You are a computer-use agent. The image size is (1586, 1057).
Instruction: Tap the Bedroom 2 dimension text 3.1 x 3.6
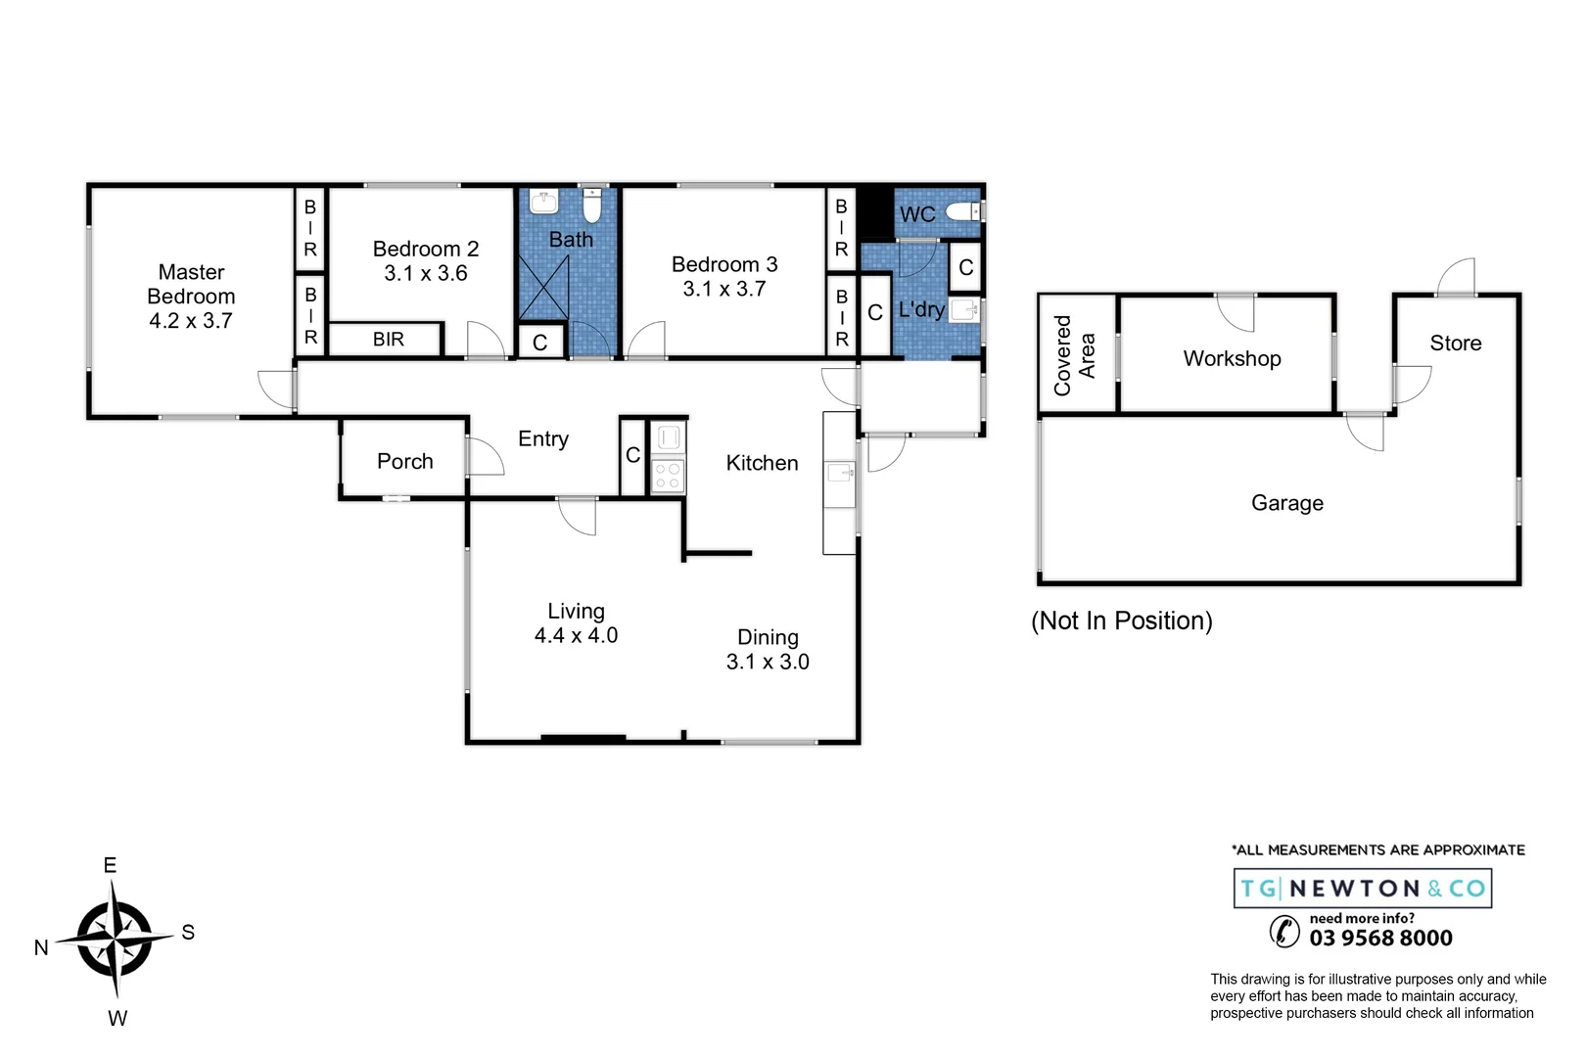point(425,274)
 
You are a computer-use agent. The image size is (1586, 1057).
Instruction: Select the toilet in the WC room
point(963,211)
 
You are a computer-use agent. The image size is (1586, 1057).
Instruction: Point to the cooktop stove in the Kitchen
point(668,477)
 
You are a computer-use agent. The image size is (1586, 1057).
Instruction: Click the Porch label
point(404,461)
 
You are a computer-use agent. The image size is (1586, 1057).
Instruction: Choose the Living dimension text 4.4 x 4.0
point(576,636)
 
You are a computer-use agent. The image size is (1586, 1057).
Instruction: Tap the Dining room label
point(768,637)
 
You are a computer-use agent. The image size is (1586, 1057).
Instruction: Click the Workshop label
point(1232,358)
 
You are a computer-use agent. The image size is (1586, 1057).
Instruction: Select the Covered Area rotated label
point(1074,355)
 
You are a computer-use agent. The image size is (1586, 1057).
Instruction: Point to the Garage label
point(1286,503)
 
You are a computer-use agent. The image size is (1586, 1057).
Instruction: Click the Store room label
point(1455,344)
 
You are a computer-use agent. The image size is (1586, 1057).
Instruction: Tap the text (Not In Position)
point(1121,620)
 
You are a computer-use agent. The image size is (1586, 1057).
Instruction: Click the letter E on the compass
point(111,865)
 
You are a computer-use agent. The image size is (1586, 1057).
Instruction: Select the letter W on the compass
point(117,1019)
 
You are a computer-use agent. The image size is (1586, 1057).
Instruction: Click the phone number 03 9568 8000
point(1380,938)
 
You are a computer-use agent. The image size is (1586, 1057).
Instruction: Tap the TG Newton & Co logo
point(1362,889)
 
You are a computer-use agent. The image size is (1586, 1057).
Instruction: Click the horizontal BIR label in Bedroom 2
point(388,340)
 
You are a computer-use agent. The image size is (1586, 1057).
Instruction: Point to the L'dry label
point(920,310)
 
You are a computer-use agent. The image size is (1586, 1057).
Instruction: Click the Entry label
point(542,438)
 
